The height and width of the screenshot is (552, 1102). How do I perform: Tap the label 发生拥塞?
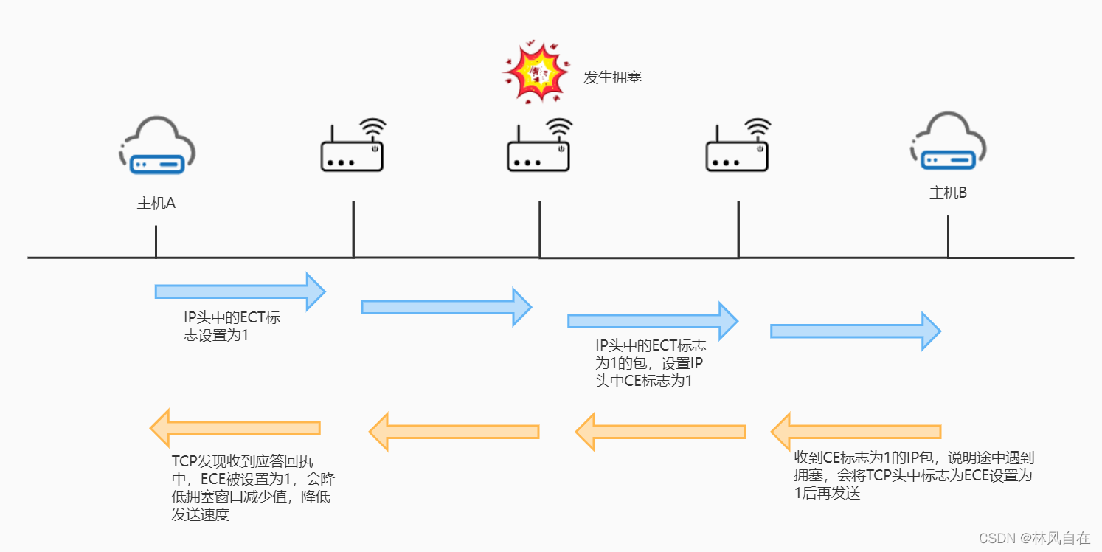click(612, 77)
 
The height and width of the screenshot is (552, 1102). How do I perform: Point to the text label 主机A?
click(156, 203)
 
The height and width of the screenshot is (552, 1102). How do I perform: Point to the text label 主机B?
click(948, 193)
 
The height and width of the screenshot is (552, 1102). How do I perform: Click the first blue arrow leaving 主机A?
click(240, 291)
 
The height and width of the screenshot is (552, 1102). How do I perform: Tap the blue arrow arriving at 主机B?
click(856, 330)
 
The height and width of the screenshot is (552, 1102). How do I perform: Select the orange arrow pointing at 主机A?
click(235, 428)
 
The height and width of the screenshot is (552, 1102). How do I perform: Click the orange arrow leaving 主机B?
click(856, 432)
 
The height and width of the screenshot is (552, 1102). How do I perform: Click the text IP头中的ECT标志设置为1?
click(232, 326)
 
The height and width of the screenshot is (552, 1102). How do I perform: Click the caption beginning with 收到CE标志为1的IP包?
click(913, 475)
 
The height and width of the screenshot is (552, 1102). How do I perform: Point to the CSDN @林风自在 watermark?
click(1033, 538)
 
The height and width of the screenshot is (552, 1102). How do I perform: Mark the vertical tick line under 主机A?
click(156, 241)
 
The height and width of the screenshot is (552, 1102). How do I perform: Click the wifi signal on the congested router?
click(560, 128)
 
